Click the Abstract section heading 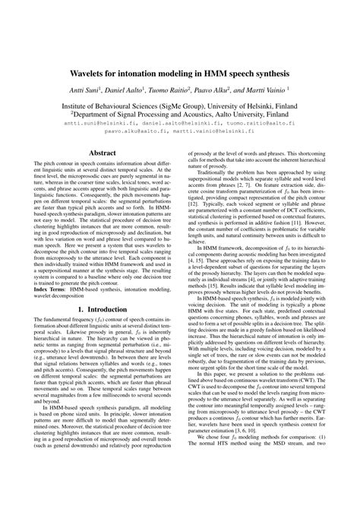pyautogui.click(x=103, y=153)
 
